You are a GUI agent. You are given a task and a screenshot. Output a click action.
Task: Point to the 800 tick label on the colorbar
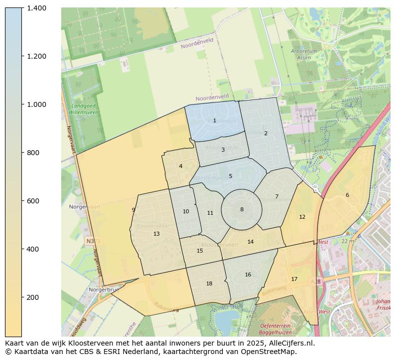[x=35, y=153]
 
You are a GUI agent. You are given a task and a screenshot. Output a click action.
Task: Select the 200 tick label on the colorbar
[x=35, y=297]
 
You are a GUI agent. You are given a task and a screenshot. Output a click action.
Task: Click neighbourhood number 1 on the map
[x=214, y=120]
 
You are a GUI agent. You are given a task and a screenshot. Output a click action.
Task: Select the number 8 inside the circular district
[x=242, y=209]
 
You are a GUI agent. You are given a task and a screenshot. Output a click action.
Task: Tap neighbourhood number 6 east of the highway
[x=347, y=195]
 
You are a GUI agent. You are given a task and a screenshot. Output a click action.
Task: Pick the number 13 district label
[x=156, y=234]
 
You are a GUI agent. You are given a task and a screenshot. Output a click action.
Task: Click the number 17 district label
[x=294, y=279]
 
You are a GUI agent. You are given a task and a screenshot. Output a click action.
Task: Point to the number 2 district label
[x=266, y=133]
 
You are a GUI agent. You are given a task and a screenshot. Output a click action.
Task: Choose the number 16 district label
[x=248, y=274]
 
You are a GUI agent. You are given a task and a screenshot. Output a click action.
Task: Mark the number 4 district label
[x=181, y=166]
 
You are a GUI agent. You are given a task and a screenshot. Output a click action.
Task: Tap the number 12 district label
[x=302, y=217]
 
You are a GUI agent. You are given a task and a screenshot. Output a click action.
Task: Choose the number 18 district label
[x=209, y=283]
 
